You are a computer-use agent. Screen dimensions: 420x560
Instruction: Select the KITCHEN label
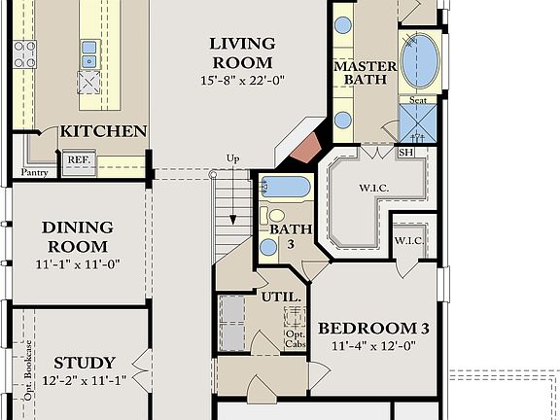click(x=104, y=131)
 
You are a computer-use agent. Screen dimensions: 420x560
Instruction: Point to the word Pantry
click(x=35, y=173)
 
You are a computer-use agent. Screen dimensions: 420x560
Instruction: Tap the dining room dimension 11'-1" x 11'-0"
click(x=77, y=263)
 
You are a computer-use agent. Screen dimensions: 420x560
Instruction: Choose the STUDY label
click(x=85, y=362)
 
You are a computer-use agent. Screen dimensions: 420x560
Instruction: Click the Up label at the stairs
click(x=232, y=158)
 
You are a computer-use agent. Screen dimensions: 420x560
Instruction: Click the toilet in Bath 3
click(x=277, y=215)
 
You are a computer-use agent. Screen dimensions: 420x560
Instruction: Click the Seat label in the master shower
click(x=418, y=100)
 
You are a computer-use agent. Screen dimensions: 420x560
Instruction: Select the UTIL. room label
click(x=281, y=297)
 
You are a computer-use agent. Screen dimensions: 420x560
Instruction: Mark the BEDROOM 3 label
click(x=374, y=329)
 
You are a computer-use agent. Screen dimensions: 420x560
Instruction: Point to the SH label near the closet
click(x=405, y=153)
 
